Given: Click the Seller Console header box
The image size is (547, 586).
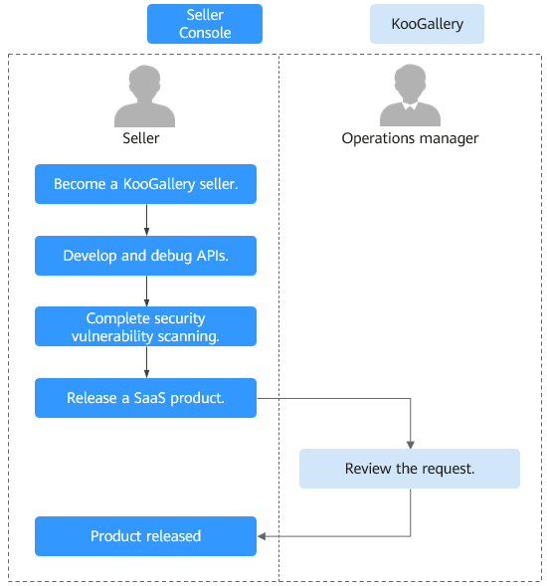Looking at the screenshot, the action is pyautogui.click(x=205, y=24).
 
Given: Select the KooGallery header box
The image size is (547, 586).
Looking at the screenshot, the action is pyautogui.click(x=427, y=24).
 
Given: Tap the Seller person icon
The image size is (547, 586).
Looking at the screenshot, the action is pyautogui.click(x=144, y=97).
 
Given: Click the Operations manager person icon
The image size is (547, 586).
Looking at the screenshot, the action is pyautogui.click(x=410, y=95).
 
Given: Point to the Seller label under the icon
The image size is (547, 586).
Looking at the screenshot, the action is pyautogui.click(x=141, y=138).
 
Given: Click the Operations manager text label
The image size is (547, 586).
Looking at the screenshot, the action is pyautogui.click(x=410, y=138).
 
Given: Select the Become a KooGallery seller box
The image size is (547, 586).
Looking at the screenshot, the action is pyautogui.click(x=146, y=184).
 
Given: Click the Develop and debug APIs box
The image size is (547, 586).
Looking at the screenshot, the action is pyautogui.click(x=146, y=256).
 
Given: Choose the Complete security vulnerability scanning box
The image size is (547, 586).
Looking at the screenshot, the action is pyautogui.click(x=146, y=326).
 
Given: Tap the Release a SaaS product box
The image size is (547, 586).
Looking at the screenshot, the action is pyautogui.click(x=146, y=398).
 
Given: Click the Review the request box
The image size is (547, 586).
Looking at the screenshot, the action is pyautogui.click(x=410, y=469).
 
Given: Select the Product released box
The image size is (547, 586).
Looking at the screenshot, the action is pyautogui.click(x=146, y=536).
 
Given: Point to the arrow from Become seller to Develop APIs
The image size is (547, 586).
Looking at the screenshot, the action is pyautogui.click(x=146, y=220).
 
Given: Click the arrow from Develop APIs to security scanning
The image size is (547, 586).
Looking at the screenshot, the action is pyautogui.click(x=146, y=292).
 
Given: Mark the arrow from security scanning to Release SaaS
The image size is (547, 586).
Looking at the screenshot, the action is pyautogui.click(x=146, y=362).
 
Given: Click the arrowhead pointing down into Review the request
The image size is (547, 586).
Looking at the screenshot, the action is pyautogui.click(x=410, y=445).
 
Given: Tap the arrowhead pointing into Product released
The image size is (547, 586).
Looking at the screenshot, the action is pyautogui.click(x=262, y=536).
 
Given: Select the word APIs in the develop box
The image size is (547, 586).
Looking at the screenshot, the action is pyautogui.click(x=212, y=256).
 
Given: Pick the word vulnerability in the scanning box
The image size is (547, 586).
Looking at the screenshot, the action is pyautogui.click(x=112, y=336).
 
